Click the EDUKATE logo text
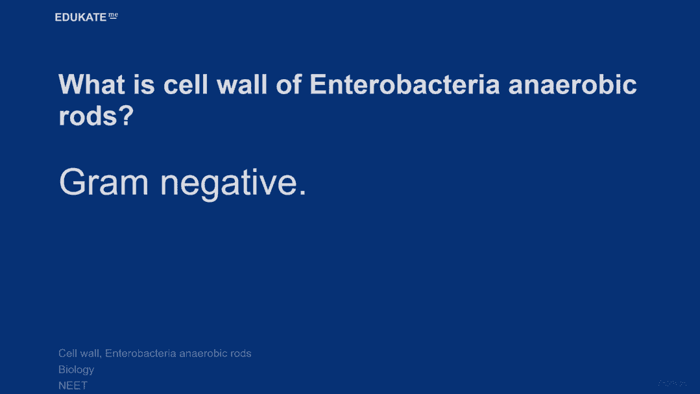[x=80, y=18]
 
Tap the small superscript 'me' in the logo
[x=114, y=16]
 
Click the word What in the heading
[x=91, y=84]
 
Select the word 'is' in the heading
[x=144, y=84]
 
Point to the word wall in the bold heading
[x=242, y=84]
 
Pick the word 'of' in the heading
[x=289, y=84]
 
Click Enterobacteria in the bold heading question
[x=404, y=84]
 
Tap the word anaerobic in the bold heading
[x=572, y=84]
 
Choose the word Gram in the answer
[x=104, y=182]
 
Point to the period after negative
[x=302, y=192]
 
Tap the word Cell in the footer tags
[x=67, y=353]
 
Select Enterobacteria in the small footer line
[x=141, y=353]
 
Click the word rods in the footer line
[x=241, y=353]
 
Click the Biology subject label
[x=77, y=370]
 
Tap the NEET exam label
[x=73, y=386]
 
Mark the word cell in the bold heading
[x=186, y=84]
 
